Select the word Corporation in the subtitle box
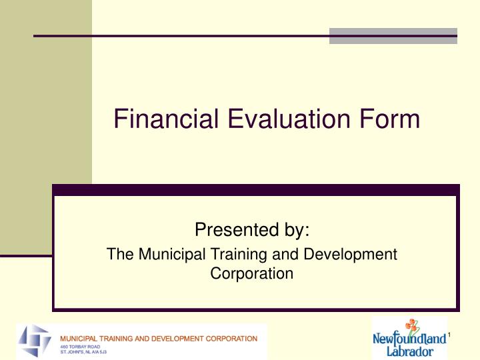[252, 273]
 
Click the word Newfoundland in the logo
[409, 339]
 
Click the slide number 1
[450, 334]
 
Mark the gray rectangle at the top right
[393, 36]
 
